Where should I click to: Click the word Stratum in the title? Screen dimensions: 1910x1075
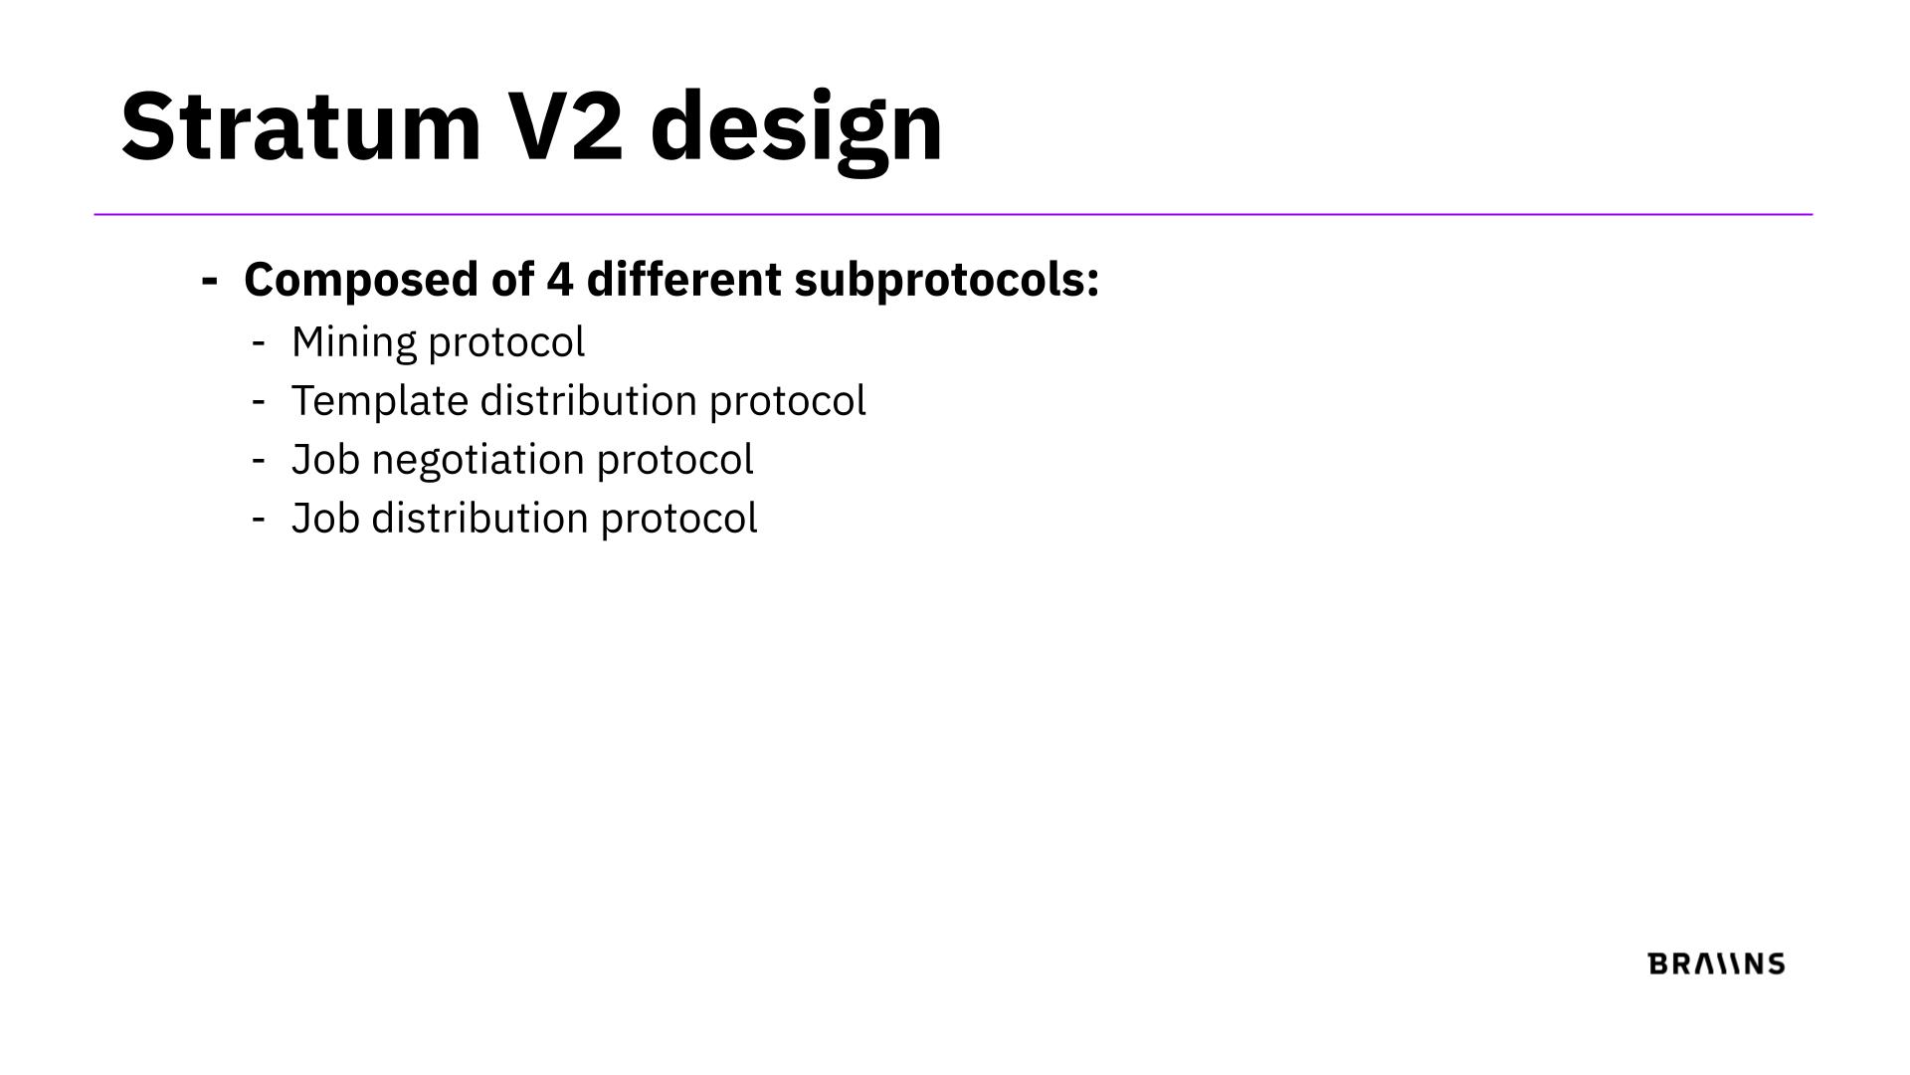[301, 125]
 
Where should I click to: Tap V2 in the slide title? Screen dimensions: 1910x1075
[566, 125]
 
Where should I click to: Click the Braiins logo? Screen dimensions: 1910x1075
[1717, 964]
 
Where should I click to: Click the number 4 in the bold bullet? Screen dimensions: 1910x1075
[560, 280]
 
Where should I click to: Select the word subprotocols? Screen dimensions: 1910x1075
[947, 281]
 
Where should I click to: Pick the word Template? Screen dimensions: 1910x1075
[380, 402]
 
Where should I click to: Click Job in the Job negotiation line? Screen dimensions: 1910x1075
[325, 460]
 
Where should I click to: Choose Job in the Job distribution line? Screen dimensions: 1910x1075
[325, 519]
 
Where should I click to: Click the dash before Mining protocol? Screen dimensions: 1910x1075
[259, 343]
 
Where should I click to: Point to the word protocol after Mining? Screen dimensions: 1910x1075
[506, 344]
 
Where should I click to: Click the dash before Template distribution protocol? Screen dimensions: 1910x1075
[259, 402]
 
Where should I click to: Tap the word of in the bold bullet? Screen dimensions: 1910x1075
[512, 279]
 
